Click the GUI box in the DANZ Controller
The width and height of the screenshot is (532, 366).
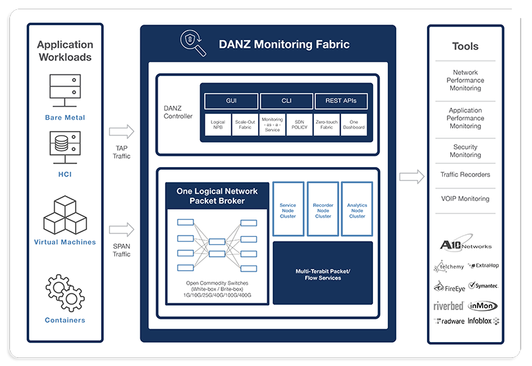coord(231,101)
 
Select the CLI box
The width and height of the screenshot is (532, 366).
coord(285,101)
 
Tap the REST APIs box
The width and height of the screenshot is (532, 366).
coord(340,101)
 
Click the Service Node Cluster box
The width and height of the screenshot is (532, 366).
coord(288,209)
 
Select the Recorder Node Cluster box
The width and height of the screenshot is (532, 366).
coord(323,209)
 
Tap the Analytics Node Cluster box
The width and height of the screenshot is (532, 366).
coord(357,209)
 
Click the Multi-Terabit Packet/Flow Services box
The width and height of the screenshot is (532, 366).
coord(323,274)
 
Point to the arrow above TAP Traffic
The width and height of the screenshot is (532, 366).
coord(122,130)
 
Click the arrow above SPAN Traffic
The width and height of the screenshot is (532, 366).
coord(122,230)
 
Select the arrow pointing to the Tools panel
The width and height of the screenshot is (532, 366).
coord(412,176)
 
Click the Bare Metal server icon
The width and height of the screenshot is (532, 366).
coord(65,91)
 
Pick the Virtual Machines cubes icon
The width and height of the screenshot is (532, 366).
coord(65,214)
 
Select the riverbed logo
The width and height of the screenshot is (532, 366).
coord(448,305)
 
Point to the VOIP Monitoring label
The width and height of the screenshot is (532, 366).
coord(465,198)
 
